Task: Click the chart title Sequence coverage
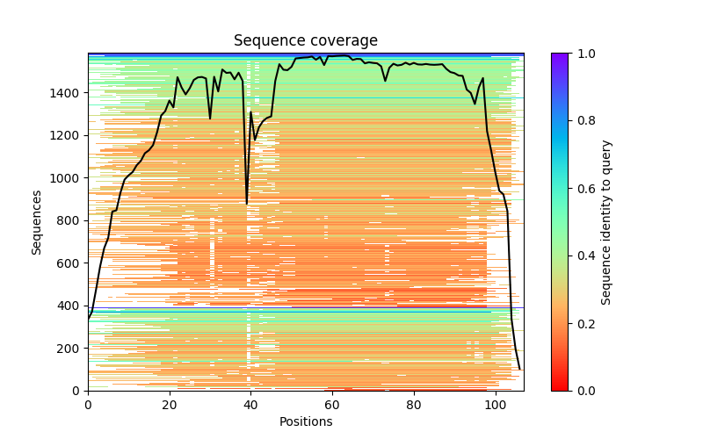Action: pyautogui.click(x=306, y=41)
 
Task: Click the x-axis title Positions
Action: pyautogui.click(x=306, y=421)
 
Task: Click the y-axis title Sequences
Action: pyautogui.click(x=37, y=221)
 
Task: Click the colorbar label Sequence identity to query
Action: pyautogui.click(x=606, y=221)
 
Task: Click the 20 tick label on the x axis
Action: pyautogui.click(x=170, y=404)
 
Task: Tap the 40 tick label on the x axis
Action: pyautogui.click(x=251, y=404)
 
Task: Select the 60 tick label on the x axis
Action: pyautogui.click(x=333, y=404)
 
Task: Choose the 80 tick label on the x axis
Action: pyautogui.click(x=414, y=404)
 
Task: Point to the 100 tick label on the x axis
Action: pyautogui.click(x=496, y=404)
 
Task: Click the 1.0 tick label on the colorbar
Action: pyautogui.click(x=583, y=54)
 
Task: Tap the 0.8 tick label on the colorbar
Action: pyautogui.click(x=583, y=121)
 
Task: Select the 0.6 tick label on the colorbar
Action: pyautogui.click(x=583, y=189)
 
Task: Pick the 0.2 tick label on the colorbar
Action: pyautogui.click(x=583, y=323)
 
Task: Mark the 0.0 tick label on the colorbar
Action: pyautogui.click(x=583, y=391)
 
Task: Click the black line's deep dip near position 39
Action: pyautogui.click(x=247, y=203)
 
